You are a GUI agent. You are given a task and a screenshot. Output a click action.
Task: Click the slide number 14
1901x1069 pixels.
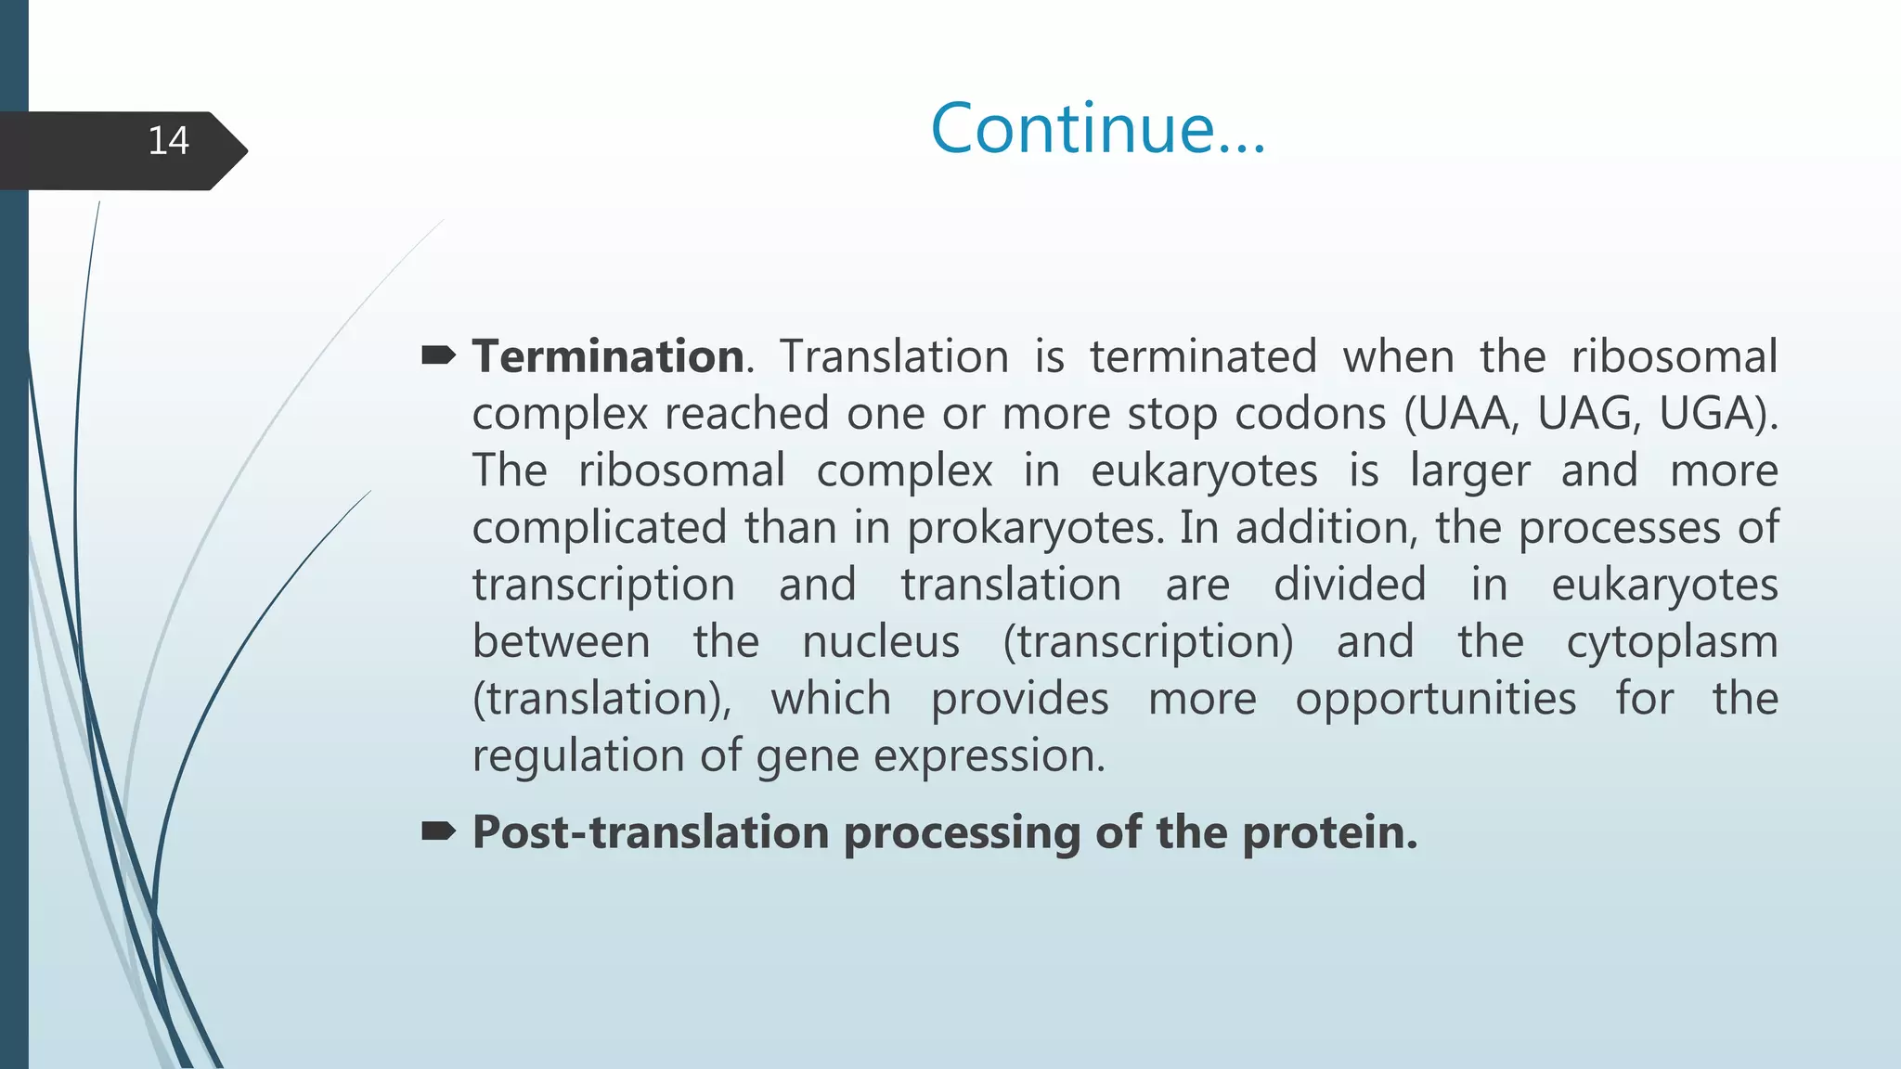pyautogui.click(x=168, y=141)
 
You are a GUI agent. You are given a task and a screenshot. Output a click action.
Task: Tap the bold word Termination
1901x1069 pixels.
pyautogui.click(x=608, y=357)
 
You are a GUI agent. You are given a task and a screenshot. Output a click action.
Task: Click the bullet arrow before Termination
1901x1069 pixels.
pyautogui.click(x=438, y=355)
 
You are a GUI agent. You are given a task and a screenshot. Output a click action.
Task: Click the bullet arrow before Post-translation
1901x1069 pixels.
pyautogui.click(x=438, y=831)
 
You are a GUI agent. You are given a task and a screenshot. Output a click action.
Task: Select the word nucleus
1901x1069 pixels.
pyautogui.click(x=881, y=642)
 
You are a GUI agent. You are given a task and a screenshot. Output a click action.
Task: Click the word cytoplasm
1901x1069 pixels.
pyautogui.click(x=1672, y=643)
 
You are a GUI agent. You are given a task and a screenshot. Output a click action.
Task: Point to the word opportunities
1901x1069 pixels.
pyautogui.click(x=1435, y=700)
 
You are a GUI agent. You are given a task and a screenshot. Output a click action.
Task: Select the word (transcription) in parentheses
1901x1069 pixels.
pyautogui.click(x=1148, y=642)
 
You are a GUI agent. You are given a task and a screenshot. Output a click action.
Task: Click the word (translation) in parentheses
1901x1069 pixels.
pyautogui.click(x=601, y=700)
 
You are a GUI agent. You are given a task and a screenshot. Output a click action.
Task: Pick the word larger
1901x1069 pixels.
pyautogui.click(x=1469, y=471)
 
